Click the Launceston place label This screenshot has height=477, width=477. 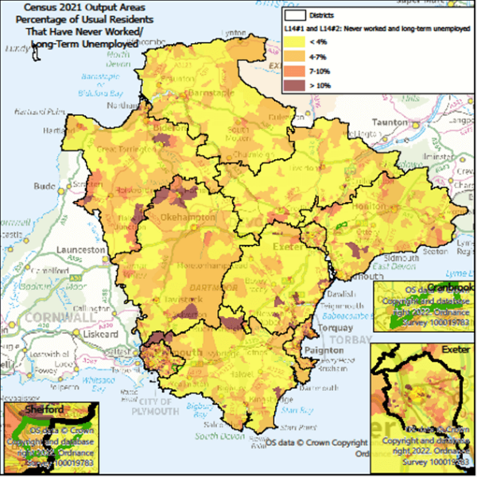point(79,250)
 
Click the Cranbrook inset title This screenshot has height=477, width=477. point(450,287)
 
